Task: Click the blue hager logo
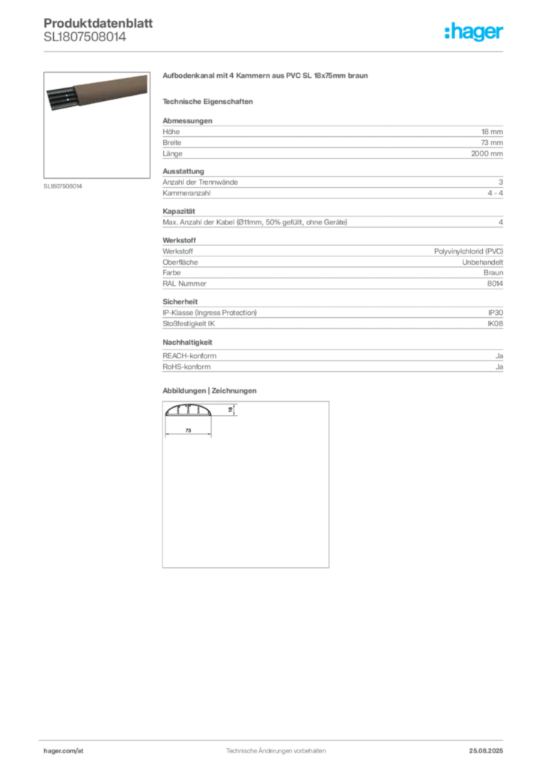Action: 475,33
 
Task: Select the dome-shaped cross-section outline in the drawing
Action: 192,411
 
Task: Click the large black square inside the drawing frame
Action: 245,486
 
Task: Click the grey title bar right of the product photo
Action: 266,77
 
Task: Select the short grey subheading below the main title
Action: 210,101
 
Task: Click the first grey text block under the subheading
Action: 332,138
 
